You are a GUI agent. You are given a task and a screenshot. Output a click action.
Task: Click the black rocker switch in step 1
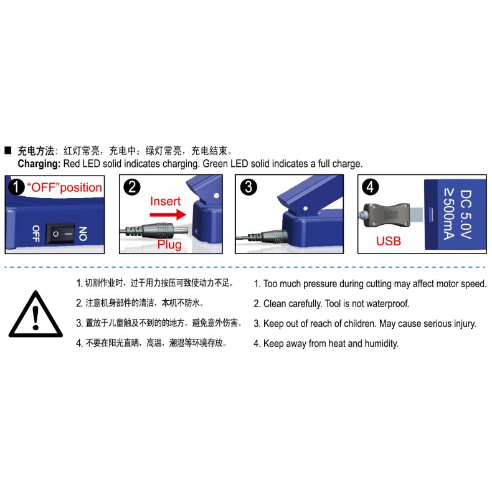(60, 234)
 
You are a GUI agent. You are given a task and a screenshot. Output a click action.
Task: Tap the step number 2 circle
(132, 187)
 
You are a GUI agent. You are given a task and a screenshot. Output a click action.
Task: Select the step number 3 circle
(248, 187)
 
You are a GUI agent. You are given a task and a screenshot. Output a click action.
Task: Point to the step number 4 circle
(371, 187)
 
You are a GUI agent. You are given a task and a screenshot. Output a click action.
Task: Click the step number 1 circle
(16, 187)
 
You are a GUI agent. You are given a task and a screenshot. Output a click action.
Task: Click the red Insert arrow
(168, 215)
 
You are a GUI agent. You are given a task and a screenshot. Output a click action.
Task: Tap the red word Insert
(166, 201)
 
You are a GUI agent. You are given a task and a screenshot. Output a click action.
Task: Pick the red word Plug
(169, 244)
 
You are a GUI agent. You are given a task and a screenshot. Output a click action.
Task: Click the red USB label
(389, 241)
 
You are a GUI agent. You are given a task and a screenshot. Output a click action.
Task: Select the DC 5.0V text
(466, 214)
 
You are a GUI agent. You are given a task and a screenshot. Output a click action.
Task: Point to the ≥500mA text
(449, 214)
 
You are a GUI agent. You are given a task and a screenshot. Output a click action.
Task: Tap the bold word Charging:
(39, 164)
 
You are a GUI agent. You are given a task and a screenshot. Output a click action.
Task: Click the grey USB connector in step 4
(387, 215)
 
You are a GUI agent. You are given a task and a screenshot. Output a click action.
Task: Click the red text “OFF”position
(64, 187)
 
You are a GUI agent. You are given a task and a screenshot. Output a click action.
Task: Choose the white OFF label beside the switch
(36, 234)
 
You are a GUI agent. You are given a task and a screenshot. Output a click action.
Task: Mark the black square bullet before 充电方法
(8, 151)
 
